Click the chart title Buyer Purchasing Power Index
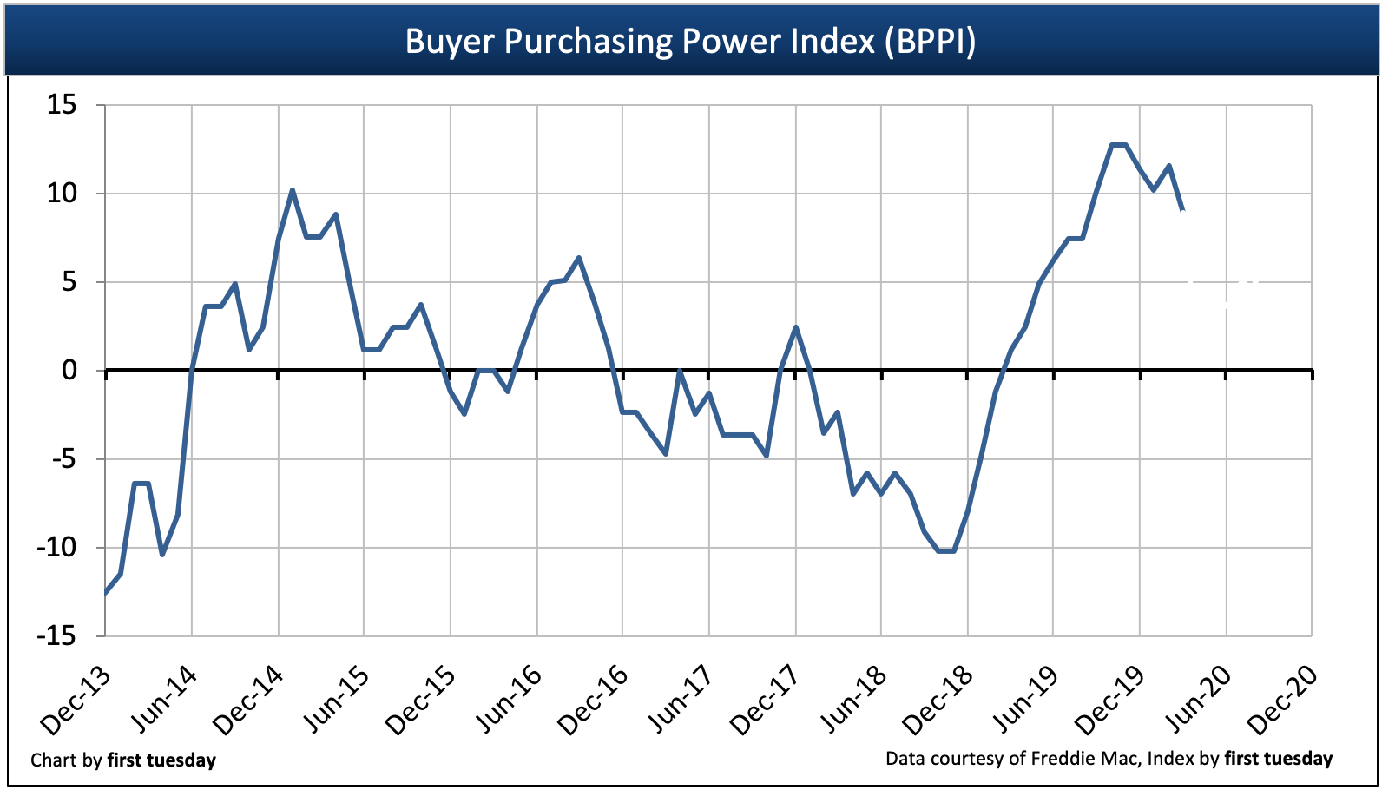click(x=690, y=41)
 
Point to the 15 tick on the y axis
click(x=62, y=105)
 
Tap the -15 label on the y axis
click(x=56, y=635)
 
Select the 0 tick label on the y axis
click(x=69, y=371)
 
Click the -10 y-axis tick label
click(x=56, y=547)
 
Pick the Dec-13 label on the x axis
click(x=76, y=701)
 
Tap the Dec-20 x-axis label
click(x=1282, y=701)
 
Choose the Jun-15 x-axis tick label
click(x=336, y=701)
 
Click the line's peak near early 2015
click(x=292, y=190)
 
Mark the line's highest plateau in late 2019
click(x=1119, y=145)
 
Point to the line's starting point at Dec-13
click(x=106, y=593)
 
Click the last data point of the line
click(x=1182, y=209)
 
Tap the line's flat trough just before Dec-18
click(x=946, y=550)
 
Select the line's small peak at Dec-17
click(x=795, y=327)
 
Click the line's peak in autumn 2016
click(x=579, y=258)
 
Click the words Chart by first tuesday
click(x=123, y=760)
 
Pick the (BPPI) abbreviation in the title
click(x=930, y=41)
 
